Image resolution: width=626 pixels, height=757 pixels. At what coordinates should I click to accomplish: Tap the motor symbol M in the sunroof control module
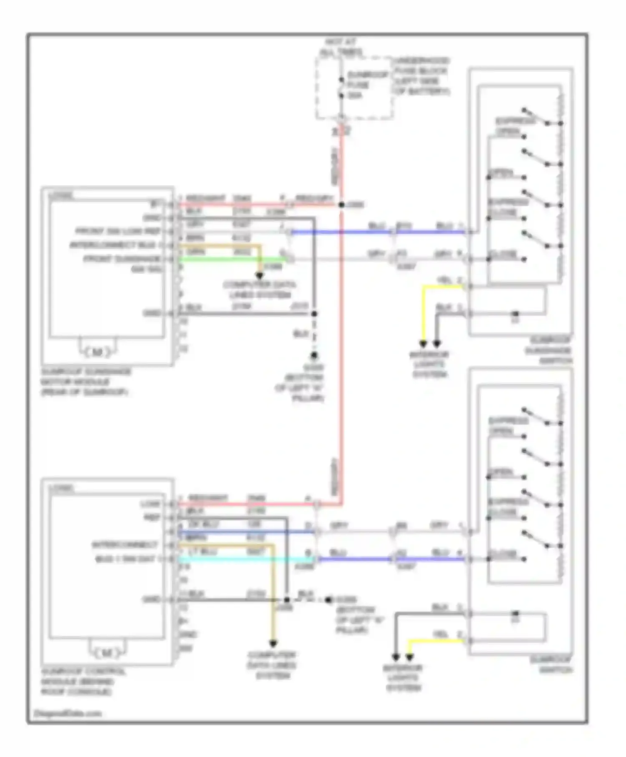tap(107, 653)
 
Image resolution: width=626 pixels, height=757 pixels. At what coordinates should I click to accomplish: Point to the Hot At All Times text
tap(341, 47)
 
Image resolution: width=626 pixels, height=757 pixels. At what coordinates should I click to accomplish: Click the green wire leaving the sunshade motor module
tap(234, 259)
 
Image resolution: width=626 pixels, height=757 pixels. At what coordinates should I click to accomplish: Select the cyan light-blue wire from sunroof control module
tap(246, 560)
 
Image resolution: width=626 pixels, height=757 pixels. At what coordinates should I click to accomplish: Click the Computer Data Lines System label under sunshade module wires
tap(260, 290)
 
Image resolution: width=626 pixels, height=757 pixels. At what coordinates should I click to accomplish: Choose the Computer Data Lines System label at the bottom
tap(272, 665)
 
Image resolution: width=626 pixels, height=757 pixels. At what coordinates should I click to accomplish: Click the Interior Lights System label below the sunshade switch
tap(429, 364)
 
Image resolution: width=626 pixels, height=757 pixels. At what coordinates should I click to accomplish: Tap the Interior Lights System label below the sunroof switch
tap(403, 678)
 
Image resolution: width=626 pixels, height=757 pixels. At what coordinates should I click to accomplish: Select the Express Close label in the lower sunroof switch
tap(508, 507)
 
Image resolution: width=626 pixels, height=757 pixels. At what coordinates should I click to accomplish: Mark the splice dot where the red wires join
tap(341, 204)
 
